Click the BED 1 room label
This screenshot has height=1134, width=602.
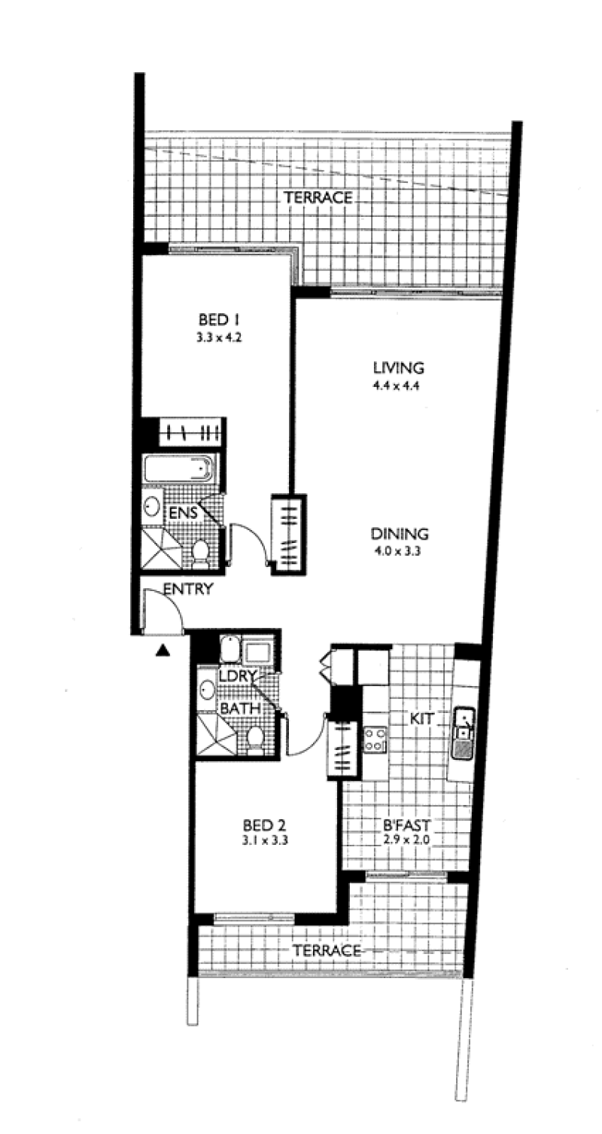(x=219, y=320)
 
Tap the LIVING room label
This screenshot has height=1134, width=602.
(x=398, y=367)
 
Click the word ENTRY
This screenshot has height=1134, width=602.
(x=188, y=589)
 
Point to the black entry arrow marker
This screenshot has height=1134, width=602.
(x=162, y=651)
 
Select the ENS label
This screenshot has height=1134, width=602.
(x=183, y=512)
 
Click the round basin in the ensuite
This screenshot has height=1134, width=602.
(x=152, y=506)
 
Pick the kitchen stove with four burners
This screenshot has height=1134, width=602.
(x=375, y=739)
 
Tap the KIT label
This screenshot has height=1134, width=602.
(x=421, y=718)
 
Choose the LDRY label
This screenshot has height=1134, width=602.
(x=239, y=676)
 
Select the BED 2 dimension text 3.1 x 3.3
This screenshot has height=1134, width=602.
(x=265, y=841)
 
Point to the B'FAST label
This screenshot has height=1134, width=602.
(x=406, y=825)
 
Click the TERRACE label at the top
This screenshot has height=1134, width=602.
(x=318, y=197)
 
